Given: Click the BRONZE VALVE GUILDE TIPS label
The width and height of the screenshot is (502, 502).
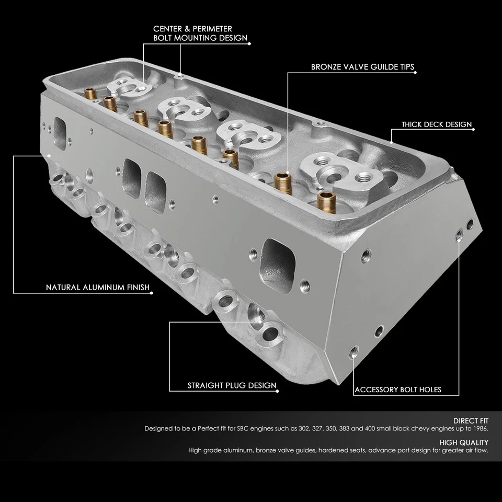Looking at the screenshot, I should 363,67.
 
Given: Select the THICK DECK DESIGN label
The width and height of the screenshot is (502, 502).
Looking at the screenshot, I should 437,125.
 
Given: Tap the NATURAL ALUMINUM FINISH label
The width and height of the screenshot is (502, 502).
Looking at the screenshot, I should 98,288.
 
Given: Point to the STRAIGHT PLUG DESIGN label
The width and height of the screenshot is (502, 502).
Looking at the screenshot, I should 232,386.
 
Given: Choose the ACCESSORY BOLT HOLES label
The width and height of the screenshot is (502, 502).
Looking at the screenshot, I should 397,390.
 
